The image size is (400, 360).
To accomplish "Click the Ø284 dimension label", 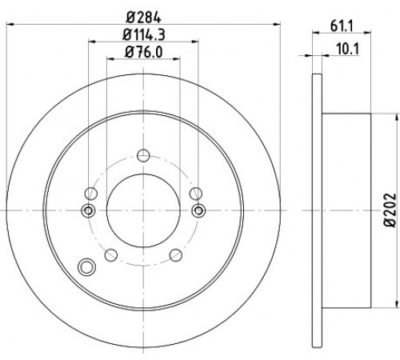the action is point(143,18).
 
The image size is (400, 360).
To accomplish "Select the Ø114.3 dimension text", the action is point(144,35).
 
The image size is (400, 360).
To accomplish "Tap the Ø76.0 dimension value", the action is point(143,52).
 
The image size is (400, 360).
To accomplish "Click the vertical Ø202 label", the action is point(390,210).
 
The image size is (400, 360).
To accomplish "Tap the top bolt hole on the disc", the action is point(143,155).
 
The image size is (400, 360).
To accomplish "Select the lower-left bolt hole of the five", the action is point(111,255).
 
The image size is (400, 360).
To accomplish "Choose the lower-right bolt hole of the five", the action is point(176,255).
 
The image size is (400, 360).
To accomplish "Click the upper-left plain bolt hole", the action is point(91,194).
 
